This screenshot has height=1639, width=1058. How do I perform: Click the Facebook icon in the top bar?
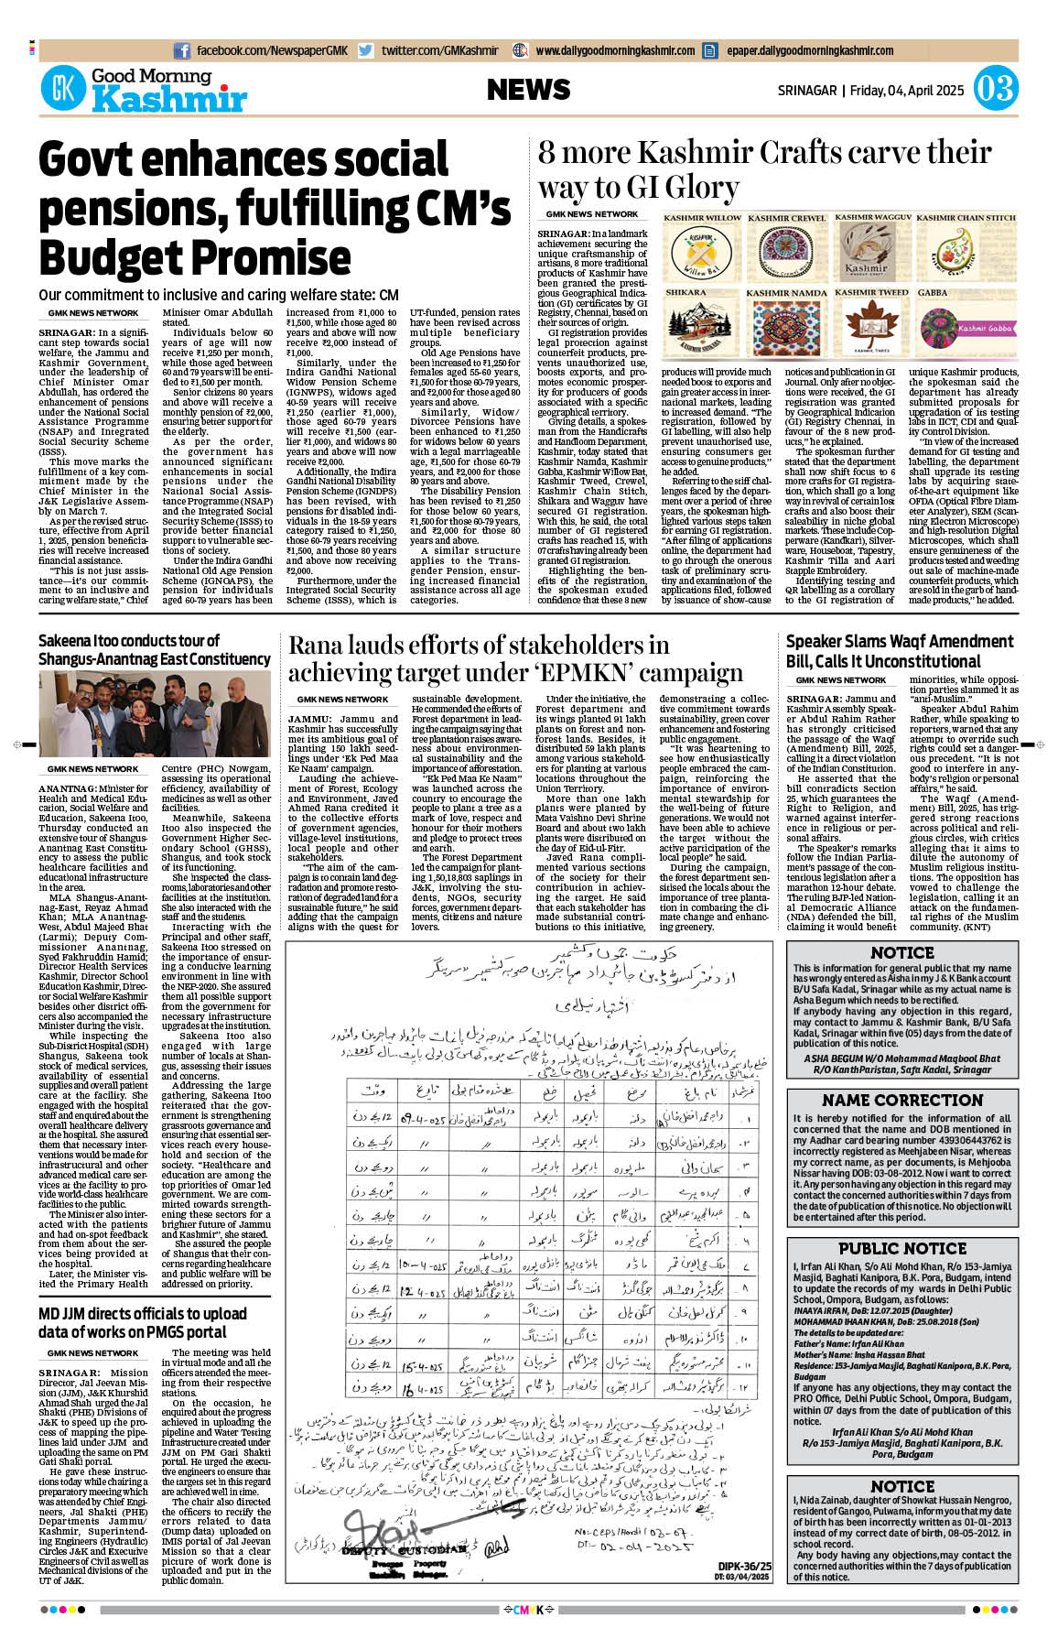click(182, 50)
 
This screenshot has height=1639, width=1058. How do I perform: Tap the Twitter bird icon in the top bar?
click(366, 50)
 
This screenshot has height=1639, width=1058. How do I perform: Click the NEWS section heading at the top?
click(528, 90)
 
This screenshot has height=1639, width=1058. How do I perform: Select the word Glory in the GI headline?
click(700, 188)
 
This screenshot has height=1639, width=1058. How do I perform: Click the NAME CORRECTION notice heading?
click(902, 1100)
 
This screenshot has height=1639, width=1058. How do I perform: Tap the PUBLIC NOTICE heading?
click(902, 1248)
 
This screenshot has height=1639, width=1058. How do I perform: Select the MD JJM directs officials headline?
click(143, 1322)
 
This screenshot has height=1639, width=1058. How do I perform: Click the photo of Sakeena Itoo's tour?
click(155, 714)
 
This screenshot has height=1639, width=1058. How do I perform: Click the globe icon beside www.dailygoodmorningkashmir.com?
click(521, 50)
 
